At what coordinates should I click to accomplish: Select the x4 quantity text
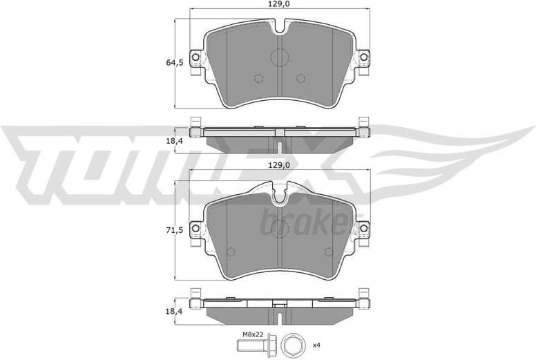click(x=316, y=345)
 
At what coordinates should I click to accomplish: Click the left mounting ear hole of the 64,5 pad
click(x=195, y=57)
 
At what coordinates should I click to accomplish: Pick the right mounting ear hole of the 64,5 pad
click(x=362, y=57)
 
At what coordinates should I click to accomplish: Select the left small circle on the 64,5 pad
click(x=258, y=78)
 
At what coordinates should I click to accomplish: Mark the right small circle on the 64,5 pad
click(x=300, y=78)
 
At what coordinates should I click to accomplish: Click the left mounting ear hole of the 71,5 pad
click(x=195, y=227)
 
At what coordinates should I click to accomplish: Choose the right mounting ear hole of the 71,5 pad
click(x=362, y=227)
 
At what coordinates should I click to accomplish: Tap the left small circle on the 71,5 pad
click(x=231, y=252)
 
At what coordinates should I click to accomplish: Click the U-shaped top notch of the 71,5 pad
click(x=279, y=196)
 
